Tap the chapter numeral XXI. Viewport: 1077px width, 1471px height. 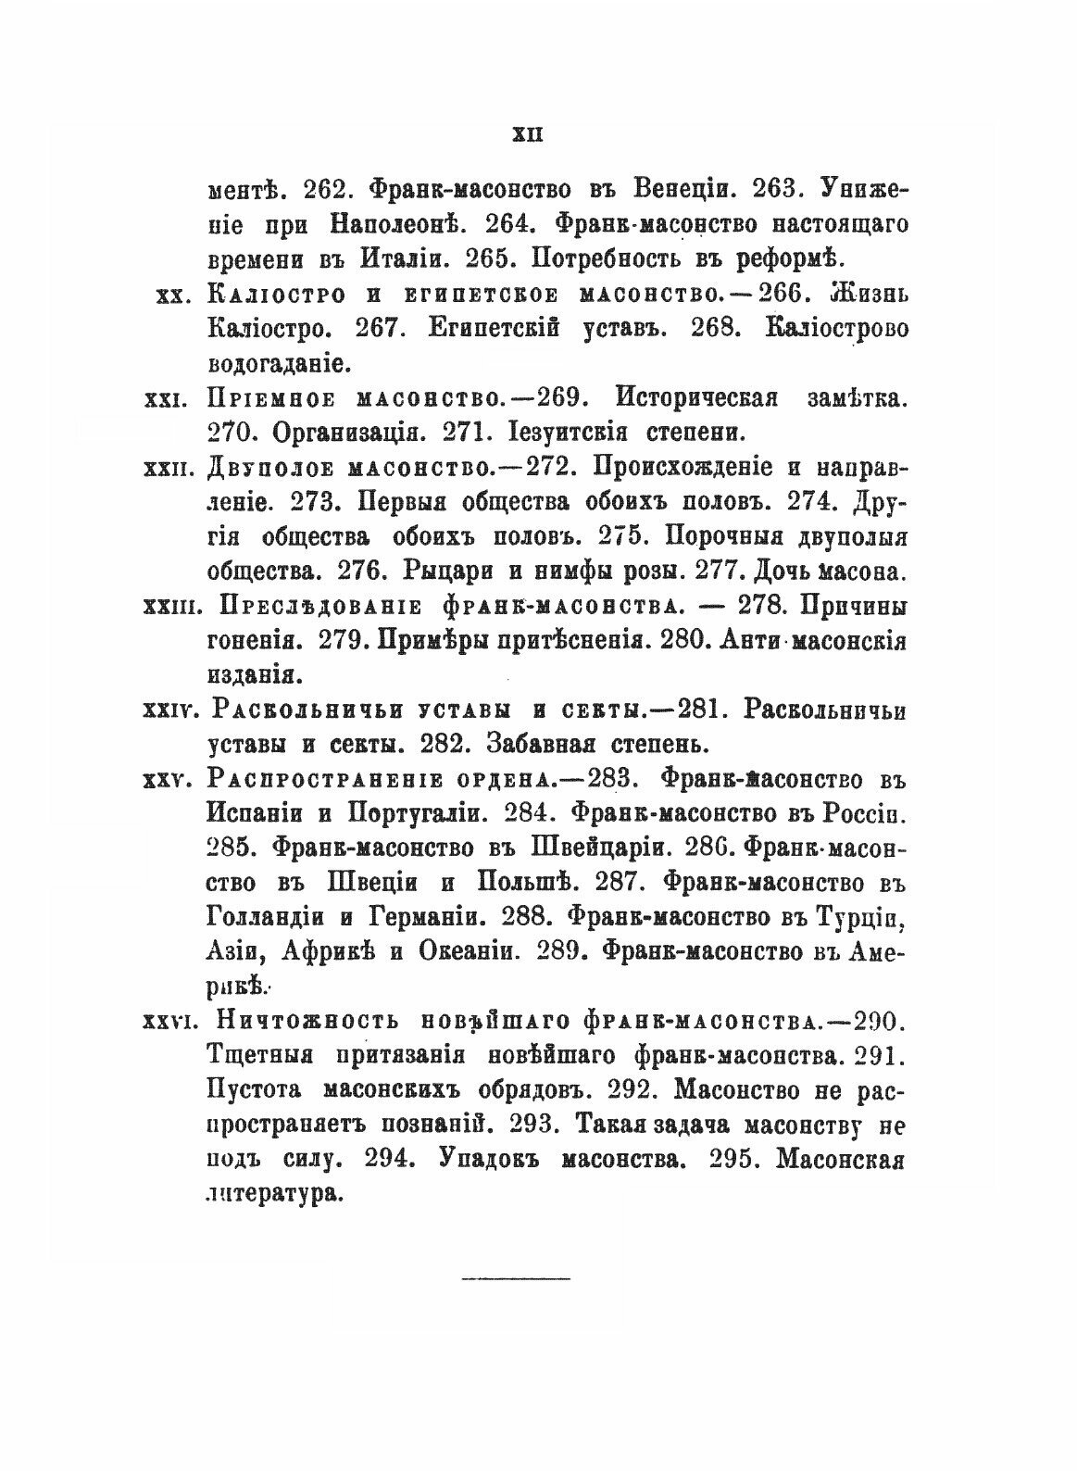coord(168,400)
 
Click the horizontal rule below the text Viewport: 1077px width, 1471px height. coord(516,1278)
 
